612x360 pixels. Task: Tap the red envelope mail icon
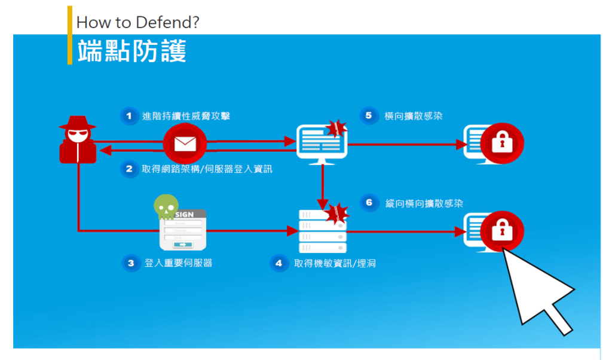185,144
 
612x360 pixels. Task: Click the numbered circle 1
128,115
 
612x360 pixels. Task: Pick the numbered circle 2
128,169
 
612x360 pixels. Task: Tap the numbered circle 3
130,263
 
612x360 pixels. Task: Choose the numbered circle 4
279,263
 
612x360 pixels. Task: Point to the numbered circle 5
369,115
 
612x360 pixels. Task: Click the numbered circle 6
369,203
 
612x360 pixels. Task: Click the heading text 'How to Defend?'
138,23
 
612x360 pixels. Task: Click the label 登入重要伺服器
178,263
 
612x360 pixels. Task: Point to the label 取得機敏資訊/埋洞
335,263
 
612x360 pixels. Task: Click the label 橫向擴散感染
414,116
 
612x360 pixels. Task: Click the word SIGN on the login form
184,214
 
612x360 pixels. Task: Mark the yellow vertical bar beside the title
70,35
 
